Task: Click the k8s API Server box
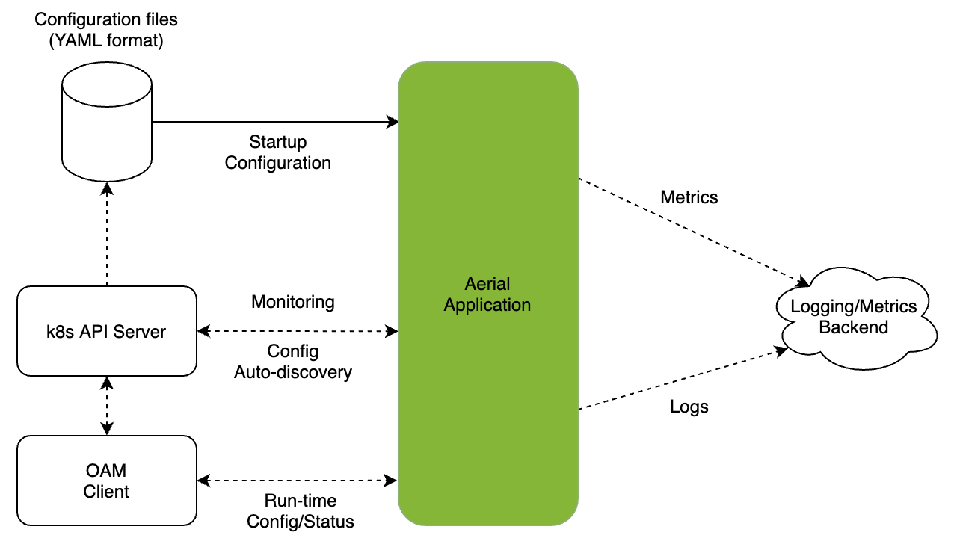tap(107, 330)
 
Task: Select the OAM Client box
tap(107, 481)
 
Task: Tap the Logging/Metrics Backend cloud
tap(853, 317)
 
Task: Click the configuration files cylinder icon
tap(107, 120)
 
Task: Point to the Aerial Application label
tap(487, 294)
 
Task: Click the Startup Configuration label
tap(278, 152)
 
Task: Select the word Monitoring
tap(292, 302)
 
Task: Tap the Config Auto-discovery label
tap(292, 362)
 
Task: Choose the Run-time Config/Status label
tap(300, 511)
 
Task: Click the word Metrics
tap(689, 197)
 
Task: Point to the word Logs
tap(689, 407)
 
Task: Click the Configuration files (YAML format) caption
tap(105, 30)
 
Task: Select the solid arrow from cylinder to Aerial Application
tap(277, 121)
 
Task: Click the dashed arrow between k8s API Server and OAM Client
tap(107, 405)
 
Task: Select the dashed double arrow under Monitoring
tap(297, 330)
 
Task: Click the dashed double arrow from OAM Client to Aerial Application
tap(297, 480)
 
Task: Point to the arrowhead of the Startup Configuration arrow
tap(393, 121)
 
